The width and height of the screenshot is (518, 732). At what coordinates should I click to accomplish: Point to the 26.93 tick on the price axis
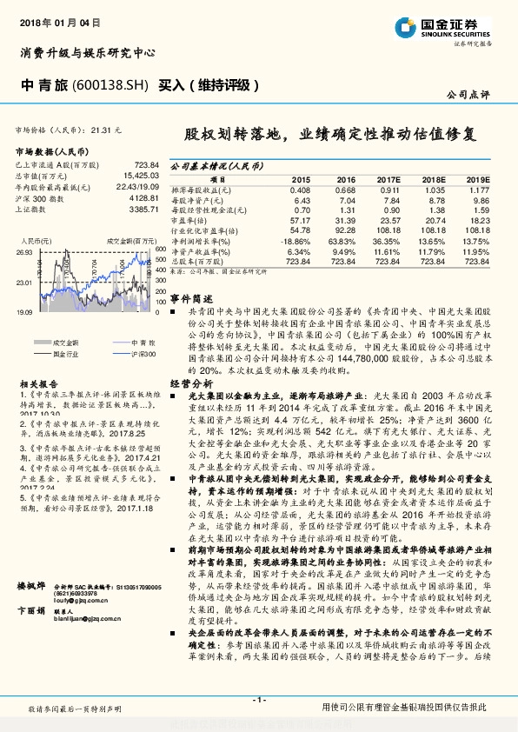24,251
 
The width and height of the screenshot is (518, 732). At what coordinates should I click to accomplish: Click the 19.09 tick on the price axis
24,310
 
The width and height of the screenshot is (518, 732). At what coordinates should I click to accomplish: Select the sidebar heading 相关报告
38,383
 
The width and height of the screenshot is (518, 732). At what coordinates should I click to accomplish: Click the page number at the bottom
259,701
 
